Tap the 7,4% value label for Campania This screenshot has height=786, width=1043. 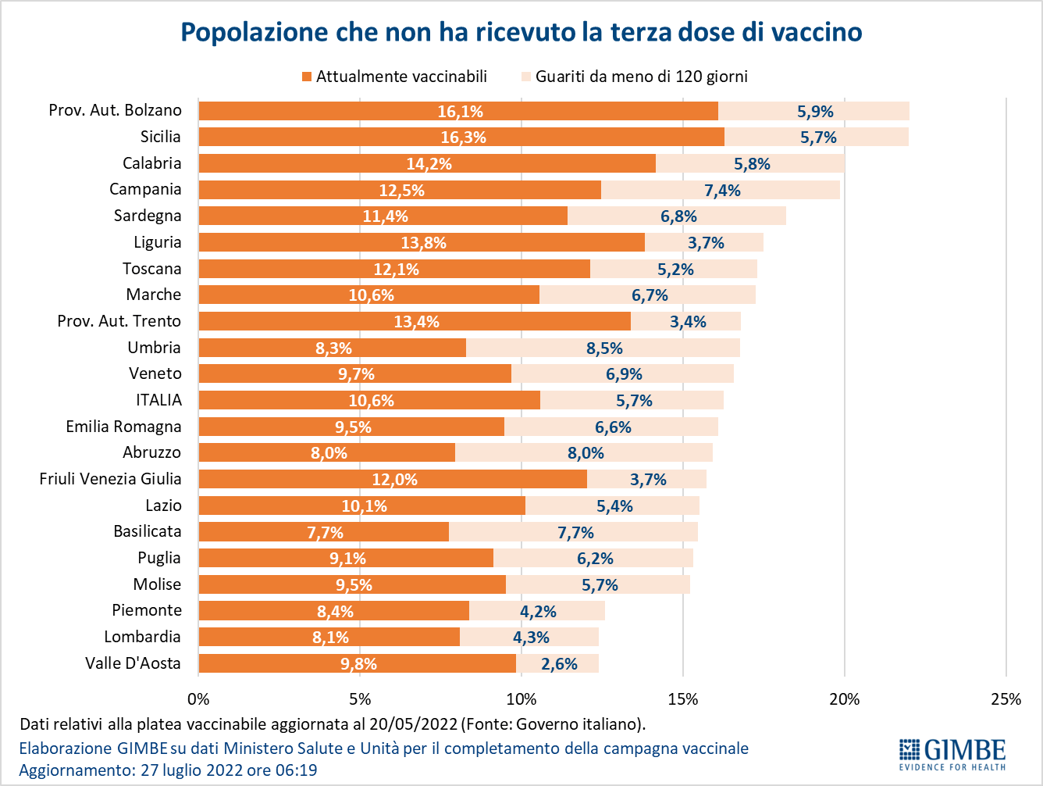[x=722, y=191]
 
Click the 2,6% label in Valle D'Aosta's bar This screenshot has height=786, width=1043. [x=559, y=664]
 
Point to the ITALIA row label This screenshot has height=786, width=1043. [x=158, y=400]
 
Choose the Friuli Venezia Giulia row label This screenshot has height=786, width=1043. [x=110, y=479]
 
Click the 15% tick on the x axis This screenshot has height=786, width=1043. [x=682, y=699]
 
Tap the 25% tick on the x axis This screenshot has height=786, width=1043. [x=1006, y=699]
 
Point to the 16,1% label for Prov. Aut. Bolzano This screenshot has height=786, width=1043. [x=460, y=112]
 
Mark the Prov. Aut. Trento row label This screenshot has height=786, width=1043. [x=119, y=321]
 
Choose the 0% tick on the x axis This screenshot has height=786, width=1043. [x=199, y=699]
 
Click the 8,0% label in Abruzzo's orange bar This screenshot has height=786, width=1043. [x=329, y=453]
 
